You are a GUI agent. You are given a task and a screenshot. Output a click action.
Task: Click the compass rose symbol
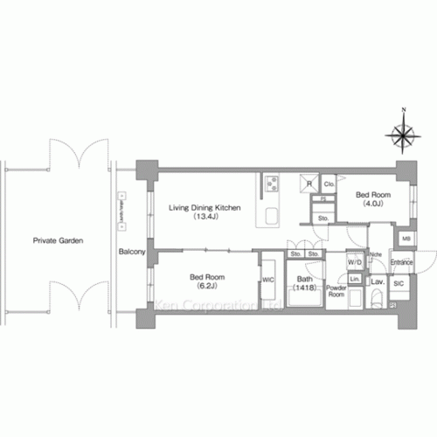tap(403, 135)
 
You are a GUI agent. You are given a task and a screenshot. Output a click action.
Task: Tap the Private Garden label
tap(59, 240)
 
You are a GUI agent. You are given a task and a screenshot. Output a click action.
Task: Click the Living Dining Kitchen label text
tap(205, 207)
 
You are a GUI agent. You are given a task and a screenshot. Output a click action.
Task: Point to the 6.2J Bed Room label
tap(205, 281)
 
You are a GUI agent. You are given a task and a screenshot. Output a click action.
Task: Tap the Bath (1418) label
tap(303, 283)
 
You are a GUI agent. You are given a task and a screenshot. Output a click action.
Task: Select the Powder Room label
tap(336, 291)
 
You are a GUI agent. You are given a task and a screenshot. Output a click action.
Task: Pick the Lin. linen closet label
tap(355, 279)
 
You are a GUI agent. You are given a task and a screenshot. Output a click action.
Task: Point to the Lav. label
tap(378, 282)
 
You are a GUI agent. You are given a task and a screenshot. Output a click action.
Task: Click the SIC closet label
tap(399, 283)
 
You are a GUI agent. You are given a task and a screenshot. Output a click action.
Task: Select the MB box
tap(406, 238)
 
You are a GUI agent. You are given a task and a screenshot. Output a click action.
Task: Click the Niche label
tap(376, 254)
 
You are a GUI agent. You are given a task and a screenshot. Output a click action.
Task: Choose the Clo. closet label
tap(329, 184)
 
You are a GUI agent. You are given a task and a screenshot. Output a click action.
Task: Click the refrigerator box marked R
tap(308, 184)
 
